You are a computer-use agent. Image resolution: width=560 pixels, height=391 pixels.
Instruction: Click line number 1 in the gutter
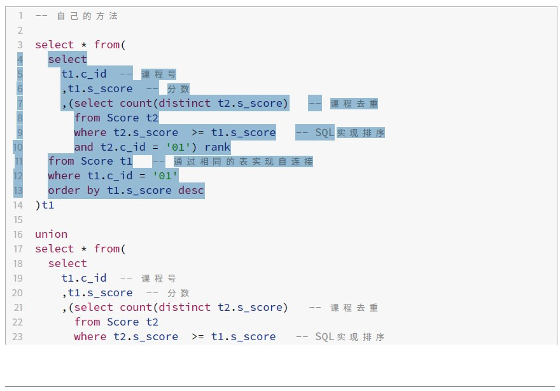click(20, 16)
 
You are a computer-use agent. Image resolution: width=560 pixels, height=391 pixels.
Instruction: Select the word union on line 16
click(51, 234)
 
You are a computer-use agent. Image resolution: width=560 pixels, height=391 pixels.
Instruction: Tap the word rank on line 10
click(218, 147)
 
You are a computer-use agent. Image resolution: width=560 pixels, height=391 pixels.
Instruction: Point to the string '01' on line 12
click(165, 175)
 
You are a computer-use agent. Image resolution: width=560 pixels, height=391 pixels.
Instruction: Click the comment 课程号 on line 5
click(158, 74)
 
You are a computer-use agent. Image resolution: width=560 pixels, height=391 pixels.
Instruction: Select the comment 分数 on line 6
click(178, 89)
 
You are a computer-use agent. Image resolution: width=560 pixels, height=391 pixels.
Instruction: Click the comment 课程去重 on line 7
click(354, 104)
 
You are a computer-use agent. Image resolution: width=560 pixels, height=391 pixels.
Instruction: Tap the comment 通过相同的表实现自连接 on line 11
click(243, 161)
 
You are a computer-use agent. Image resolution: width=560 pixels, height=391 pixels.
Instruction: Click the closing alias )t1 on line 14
click(45, 205)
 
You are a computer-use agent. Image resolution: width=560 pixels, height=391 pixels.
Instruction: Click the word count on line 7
click(136, 103)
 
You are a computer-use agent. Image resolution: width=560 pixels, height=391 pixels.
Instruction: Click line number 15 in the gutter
click(17, 219)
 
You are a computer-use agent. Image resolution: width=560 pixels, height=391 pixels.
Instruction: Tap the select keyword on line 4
click(67, 60)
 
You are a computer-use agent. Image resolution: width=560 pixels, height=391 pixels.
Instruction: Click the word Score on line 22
click(123, 322)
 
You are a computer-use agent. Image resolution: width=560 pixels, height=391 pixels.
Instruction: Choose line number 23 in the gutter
click(17, 336)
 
